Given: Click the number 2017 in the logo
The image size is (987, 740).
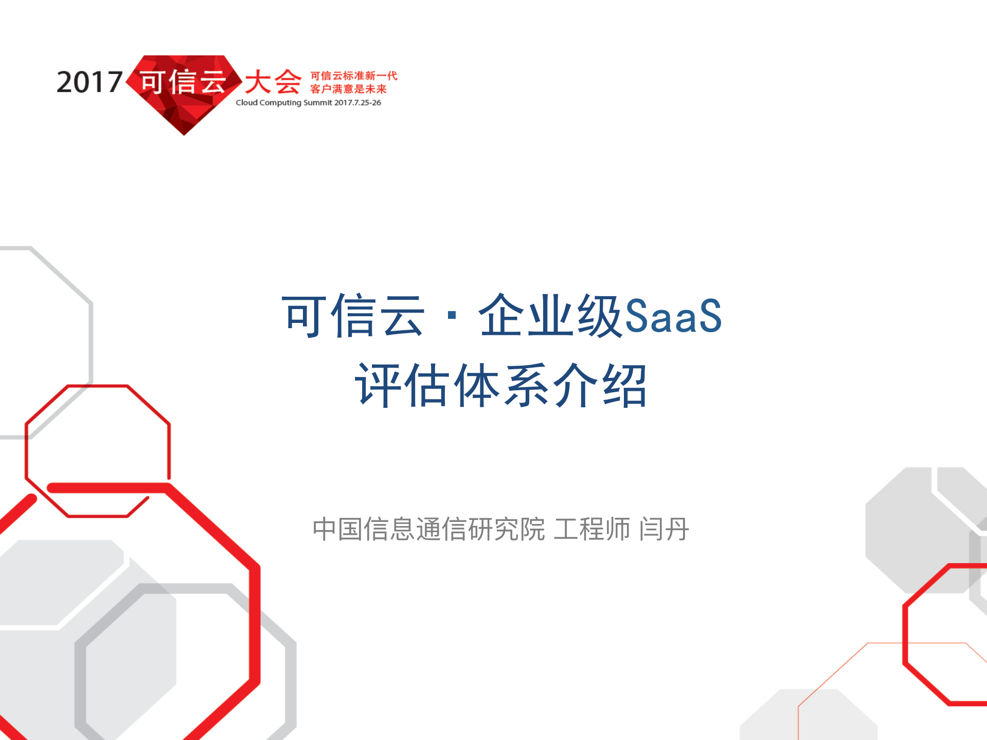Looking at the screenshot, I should tap(89, 82).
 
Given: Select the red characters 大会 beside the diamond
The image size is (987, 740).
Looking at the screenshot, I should tap(273, 82).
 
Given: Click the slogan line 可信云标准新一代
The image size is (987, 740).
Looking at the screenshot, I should tap(354, 76).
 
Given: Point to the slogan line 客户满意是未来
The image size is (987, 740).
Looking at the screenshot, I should tap(348, 89).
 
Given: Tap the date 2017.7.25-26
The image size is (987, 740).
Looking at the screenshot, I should tap(357, 103).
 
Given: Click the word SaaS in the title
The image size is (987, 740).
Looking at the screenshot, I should tap(673, 316).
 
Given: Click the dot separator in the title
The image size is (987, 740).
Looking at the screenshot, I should tap(452, 316).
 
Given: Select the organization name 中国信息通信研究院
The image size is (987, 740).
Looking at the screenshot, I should tap(428, 529).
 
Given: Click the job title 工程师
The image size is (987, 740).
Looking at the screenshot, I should tap(591, 529).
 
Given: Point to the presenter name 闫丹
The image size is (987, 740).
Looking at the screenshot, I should tap(663, 529).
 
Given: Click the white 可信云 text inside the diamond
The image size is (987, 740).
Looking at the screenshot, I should tap(183, 82).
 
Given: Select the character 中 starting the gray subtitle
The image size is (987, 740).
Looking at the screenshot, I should tap(325, 529).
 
